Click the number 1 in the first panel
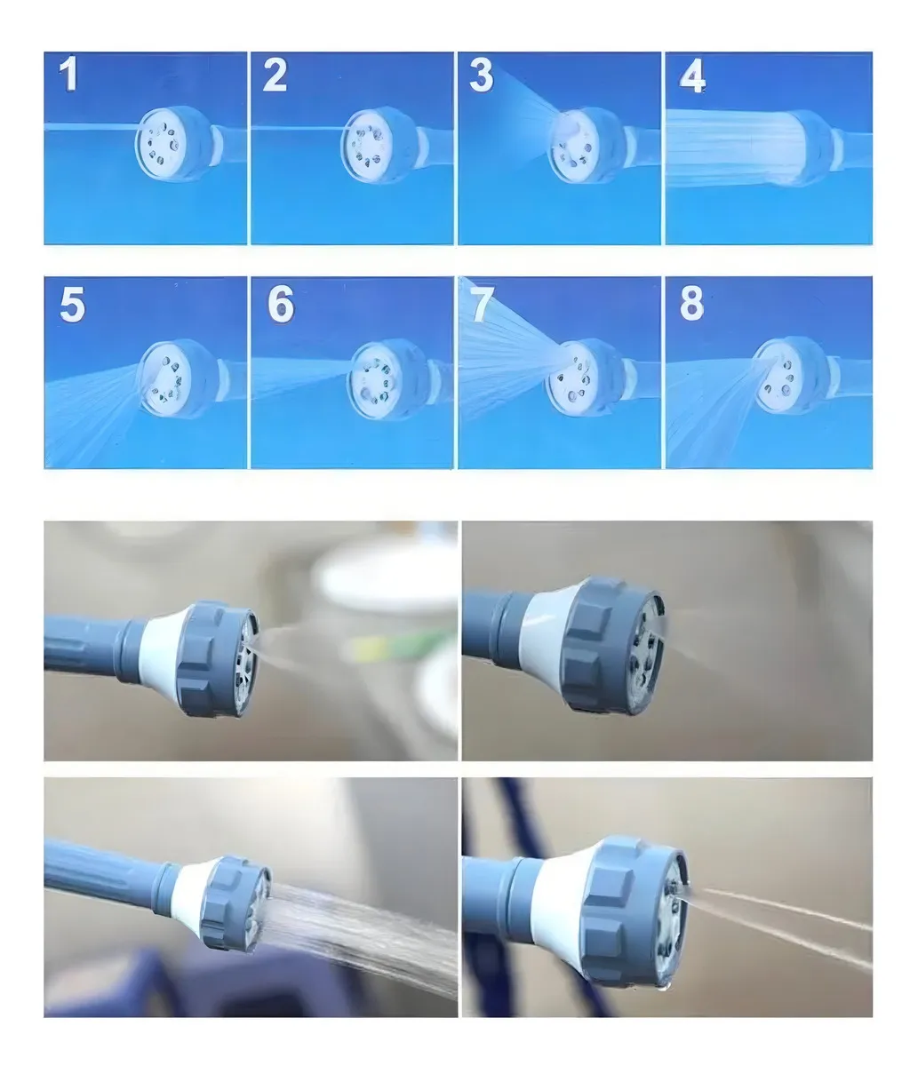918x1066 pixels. point(69,75)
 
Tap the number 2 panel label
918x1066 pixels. point(275,75)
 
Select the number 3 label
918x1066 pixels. point(482,75)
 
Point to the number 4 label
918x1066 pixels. point(692,76)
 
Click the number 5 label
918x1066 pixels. point(72,305)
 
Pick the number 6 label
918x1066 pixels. point(281,305)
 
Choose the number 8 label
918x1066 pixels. point(692,303)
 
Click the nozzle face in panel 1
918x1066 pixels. point(161,145)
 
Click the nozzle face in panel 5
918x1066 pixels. point(165,378)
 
